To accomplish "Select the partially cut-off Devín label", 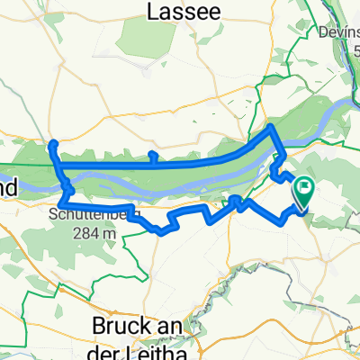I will (340, 33).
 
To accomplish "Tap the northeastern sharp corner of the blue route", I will (273, 130).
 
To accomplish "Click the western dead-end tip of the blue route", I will (53, 144).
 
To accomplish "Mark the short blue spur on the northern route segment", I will (152, 157).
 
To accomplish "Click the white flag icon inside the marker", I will (304, 189).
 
